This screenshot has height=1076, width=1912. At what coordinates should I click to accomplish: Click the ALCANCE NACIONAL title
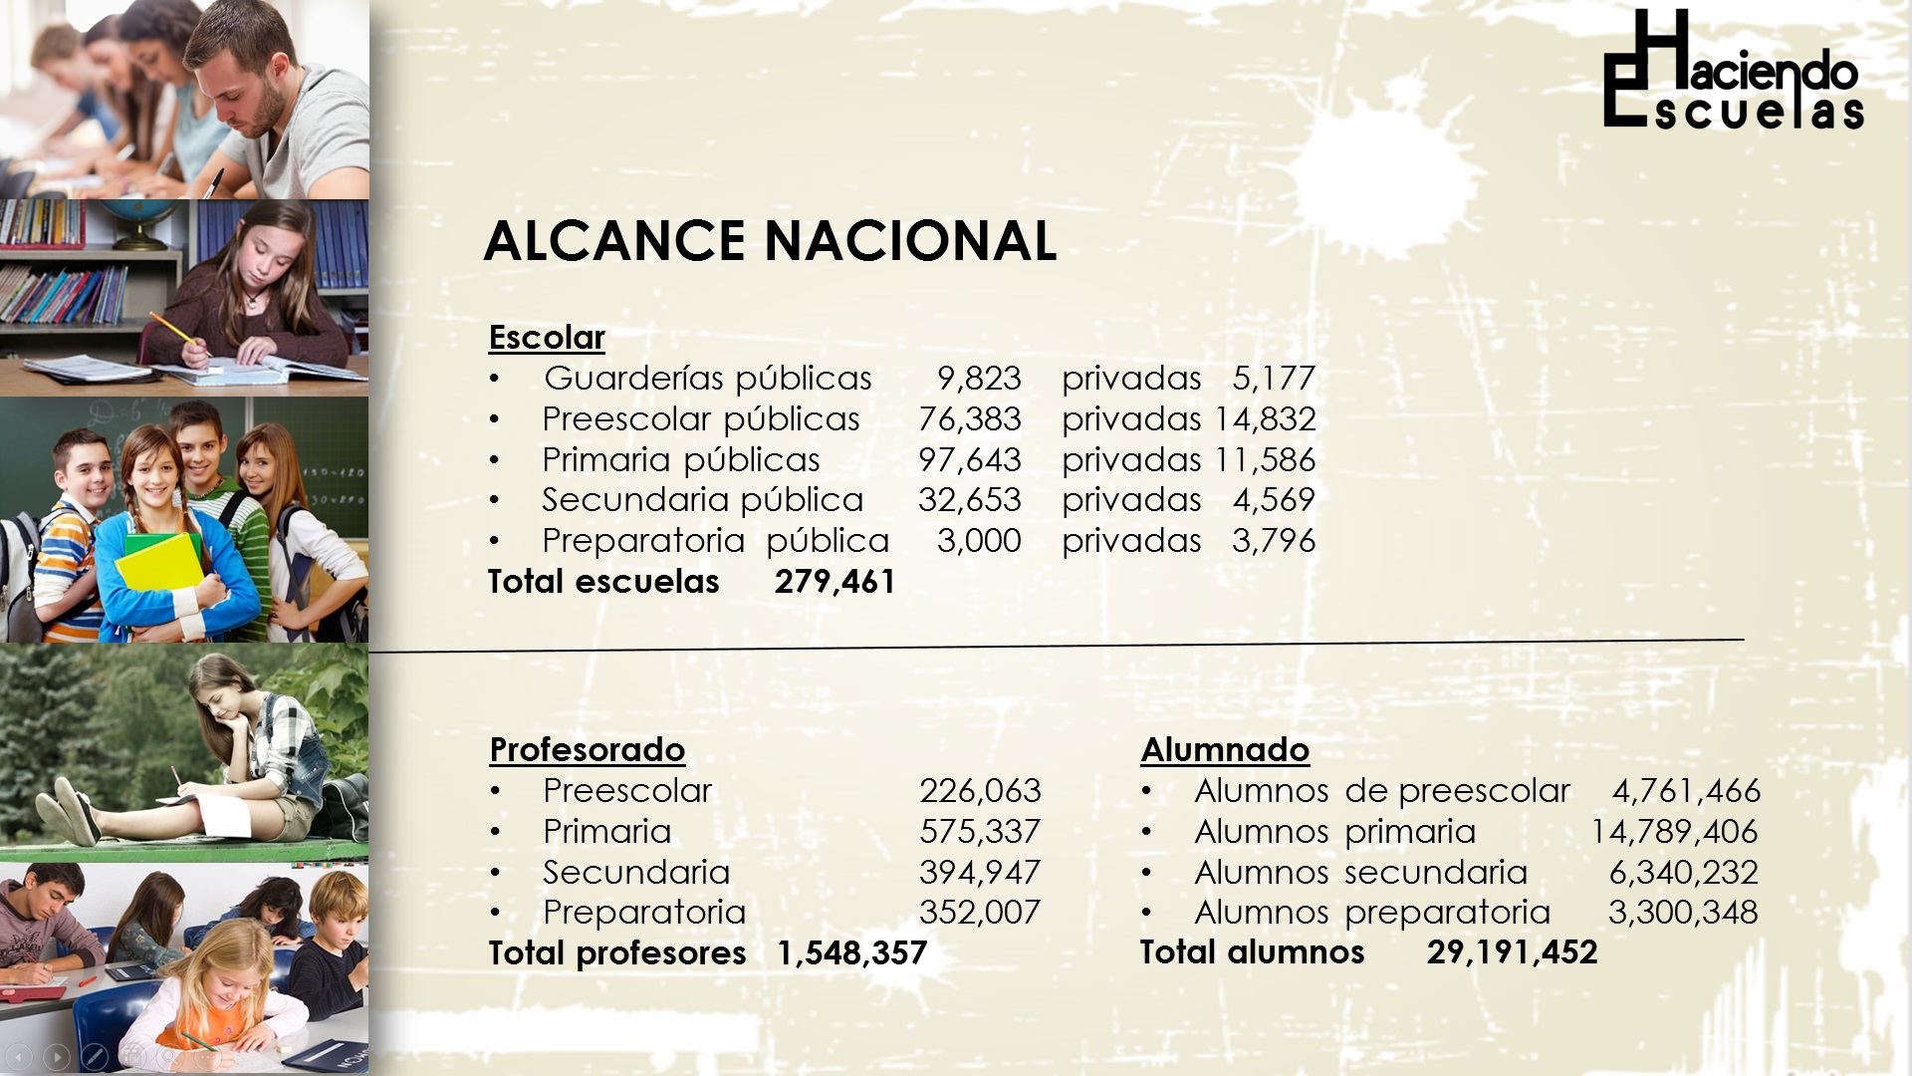(770, 241)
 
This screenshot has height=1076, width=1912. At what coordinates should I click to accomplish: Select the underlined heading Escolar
(547, 338)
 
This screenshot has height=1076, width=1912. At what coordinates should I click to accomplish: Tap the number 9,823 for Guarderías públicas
(979, 379)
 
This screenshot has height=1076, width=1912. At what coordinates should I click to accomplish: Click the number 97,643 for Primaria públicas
(970, 460)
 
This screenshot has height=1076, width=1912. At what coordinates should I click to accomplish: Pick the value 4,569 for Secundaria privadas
(1274, 500)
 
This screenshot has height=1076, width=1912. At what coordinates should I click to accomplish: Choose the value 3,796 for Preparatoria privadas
(1274, 541)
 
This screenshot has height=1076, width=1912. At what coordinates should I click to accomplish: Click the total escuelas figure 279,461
(836, 582)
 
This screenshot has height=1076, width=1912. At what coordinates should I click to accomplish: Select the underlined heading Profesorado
(588, 750)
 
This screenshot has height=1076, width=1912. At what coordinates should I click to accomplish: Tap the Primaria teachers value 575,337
(980, 832)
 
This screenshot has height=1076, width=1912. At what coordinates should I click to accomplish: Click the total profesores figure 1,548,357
(851, 953)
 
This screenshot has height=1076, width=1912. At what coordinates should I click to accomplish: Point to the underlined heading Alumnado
(1225, 750)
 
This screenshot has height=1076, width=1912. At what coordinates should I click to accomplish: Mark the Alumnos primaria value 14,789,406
(1674, 832)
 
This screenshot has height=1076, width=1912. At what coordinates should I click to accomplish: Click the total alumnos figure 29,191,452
(1512, 952)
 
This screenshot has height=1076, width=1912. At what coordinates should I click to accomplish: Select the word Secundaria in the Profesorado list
(636, 873)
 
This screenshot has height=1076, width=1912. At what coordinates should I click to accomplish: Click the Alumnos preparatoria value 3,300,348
(1683, 913)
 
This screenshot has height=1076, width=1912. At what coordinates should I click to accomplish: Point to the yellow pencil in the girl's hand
(173, 330)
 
